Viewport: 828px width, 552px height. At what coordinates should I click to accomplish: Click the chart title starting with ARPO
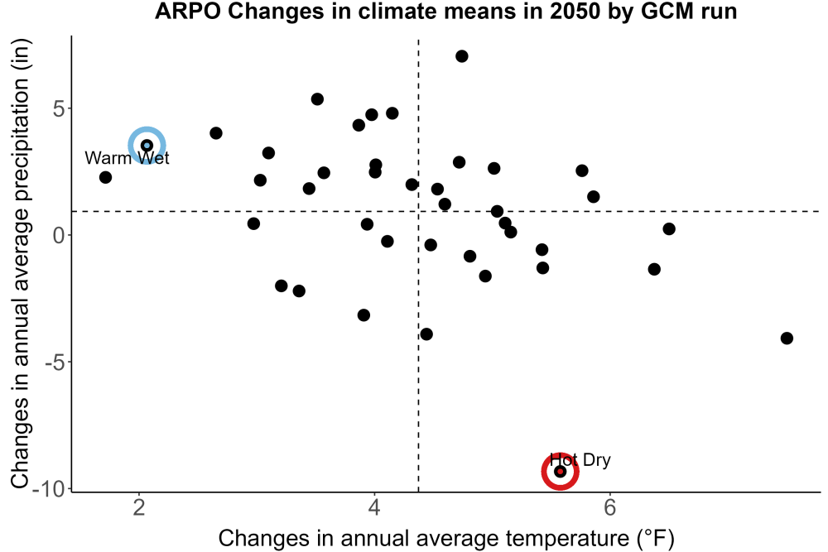click(445, 11)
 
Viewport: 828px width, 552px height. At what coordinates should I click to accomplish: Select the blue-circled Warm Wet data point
click(147, 145)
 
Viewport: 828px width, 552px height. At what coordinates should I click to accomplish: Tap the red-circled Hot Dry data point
click(561, 471)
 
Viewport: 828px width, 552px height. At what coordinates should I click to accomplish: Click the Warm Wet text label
click(127, 158)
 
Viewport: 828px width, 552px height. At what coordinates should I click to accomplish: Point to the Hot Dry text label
click(580, 459)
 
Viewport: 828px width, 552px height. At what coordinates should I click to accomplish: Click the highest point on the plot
click(461, 56)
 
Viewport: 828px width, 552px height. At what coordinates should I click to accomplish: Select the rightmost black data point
click(787, 338)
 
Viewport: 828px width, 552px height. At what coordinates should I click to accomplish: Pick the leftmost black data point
click(106, 177)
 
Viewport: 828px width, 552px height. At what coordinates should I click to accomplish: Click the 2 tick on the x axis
click(139, 507)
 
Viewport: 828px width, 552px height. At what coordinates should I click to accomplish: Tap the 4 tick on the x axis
click(374, 507)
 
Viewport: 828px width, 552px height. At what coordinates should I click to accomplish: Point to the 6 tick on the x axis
click(610, 507)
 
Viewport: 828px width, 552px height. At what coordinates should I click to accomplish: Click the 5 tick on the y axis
click(59, 108)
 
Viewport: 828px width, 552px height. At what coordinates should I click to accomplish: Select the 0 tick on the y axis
click(59, 235)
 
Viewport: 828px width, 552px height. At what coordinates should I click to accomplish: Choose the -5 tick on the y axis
click(55, 362)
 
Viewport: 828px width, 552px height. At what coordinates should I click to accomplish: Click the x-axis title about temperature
click(446, 538)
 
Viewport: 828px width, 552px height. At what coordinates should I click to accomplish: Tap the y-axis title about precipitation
click(20, 264)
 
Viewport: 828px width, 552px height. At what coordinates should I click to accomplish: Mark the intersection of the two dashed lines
click(418, 212)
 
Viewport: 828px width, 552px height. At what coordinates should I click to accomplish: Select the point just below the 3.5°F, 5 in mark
click(317, 99)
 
